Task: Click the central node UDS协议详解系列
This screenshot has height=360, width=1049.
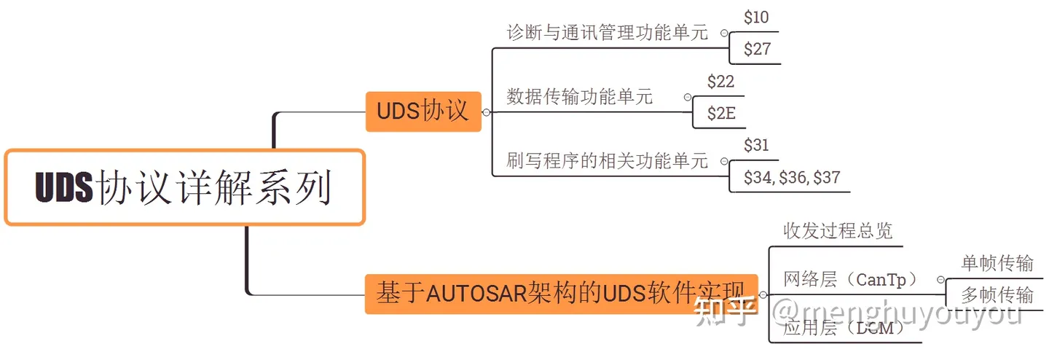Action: coord(184,187)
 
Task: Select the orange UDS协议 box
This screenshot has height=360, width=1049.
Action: coord(423,111)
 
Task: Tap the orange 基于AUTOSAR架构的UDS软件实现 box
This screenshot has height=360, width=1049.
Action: coord(560,294)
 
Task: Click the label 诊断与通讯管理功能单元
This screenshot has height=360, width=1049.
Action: coord(607,33)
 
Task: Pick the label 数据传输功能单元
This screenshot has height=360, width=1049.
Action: coord(580,96)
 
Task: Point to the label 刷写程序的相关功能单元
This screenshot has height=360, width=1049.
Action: coord(607,160)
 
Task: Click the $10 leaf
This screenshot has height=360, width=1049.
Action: coord(756,17)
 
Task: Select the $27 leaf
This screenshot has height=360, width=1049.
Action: coord(756,50)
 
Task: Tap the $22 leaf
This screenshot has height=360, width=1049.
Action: coord(720,82)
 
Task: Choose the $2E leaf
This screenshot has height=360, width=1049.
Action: coord(720,114)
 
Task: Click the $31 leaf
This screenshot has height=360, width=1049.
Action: coord(756,145)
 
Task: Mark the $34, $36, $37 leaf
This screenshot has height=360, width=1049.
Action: coord(792,177)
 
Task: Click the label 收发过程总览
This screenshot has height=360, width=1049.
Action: coord(838,231)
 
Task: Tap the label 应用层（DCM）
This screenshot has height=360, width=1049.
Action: coord(844,328)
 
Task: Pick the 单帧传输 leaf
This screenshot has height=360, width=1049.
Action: coord(997,263)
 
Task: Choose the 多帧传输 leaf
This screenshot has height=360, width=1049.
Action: coord(997,294)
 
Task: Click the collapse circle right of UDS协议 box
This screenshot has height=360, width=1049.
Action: coord(487,112)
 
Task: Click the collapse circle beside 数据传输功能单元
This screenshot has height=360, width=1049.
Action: coord(687,97)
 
